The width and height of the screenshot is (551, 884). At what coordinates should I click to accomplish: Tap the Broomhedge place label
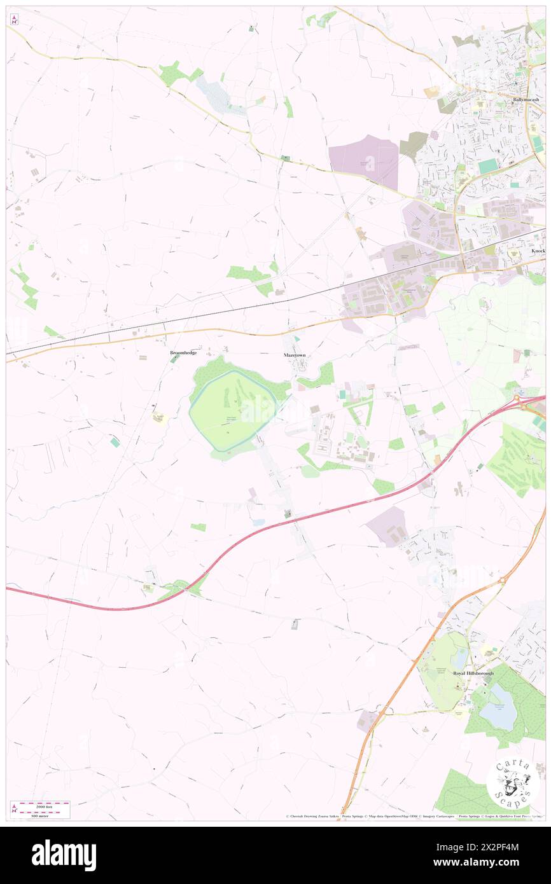pos(183,352)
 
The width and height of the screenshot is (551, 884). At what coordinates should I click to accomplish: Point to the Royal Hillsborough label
pos(473,673)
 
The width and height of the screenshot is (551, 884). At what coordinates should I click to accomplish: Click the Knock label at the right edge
pos(538,251)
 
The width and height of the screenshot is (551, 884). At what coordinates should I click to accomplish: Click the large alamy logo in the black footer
pos(64,855)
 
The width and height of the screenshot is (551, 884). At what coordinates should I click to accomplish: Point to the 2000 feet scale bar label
pos(42,806)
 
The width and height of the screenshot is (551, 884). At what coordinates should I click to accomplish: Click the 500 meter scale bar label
pos(42,815)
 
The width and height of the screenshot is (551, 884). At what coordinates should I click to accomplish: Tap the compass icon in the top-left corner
pos(14,19)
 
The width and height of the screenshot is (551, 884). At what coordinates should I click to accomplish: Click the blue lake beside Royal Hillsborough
pos(498,707)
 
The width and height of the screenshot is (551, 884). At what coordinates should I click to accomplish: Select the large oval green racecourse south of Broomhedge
pos(233,411)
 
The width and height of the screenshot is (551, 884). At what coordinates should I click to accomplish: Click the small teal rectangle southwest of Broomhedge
pos(115,442)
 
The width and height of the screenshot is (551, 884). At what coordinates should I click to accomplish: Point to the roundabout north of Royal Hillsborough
pos(503,581)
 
